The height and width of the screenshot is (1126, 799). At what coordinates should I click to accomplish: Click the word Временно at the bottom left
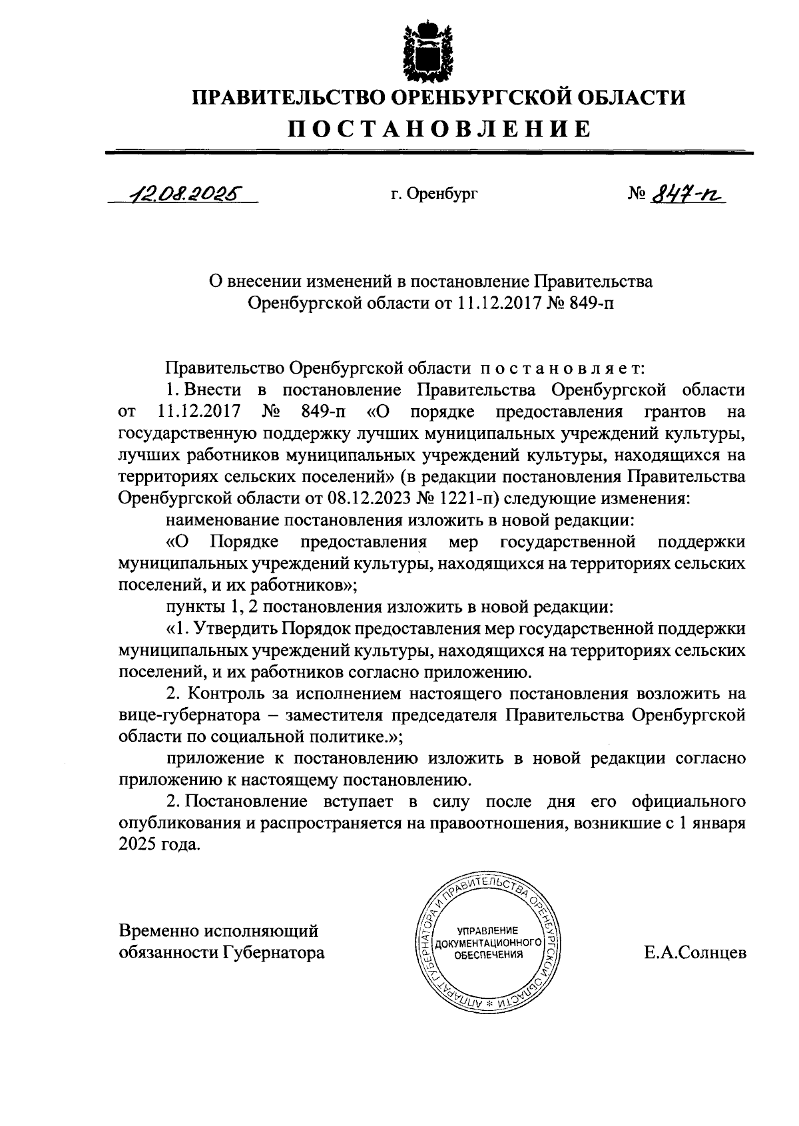pos(160,930)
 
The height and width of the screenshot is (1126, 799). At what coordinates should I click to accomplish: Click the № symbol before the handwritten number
pos(639,194)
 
